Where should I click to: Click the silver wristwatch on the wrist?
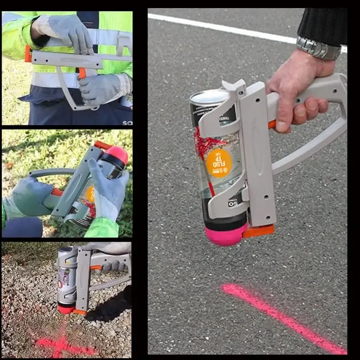tap(319, 48)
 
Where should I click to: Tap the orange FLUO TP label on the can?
tap(219, 163)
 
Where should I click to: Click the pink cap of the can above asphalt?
tap(225, 234)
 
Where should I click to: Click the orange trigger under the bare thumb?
tap(272, 125)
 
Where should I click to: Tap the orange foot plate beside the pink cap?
tap(259, 230)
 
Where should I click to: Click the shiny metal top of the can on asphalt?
tap(209, 97)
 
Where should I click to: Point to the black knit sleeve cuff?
tap(322, 25)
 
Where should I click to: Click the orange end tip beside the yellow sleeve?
tap(28, 54)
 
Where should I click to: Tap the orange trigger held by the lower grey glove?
tap(82, 73)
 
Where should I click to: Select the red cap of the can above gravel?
tap(66, 309)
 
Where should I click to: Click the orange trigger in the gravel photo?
tap(95, 268)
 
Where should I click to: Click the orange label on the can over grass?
tap(90, 194)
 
